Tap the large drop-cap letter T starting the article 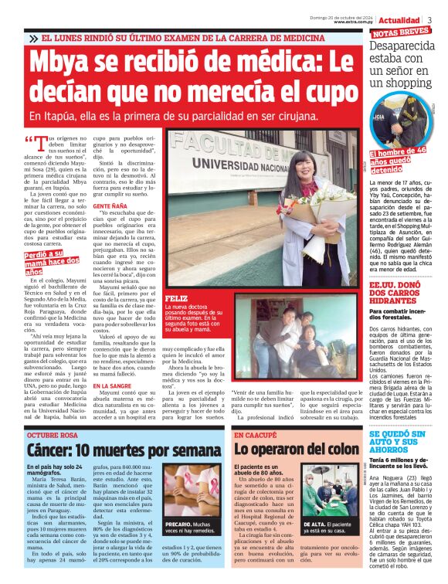[42, 144]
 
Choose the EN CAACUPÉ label [256, 436]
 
